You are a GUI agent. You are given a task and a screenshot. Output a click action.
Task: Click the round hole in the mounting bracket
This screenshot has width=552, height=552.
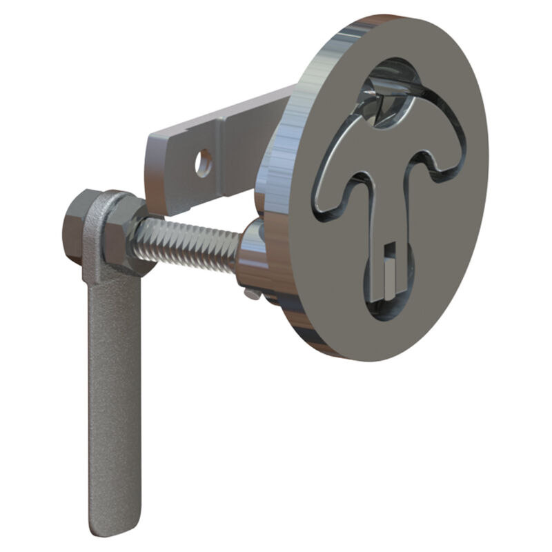pos(203,163)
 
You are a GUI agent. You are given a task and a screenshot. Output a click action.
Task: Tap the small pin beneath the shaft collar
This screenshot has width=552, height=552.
pos(254,294)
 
